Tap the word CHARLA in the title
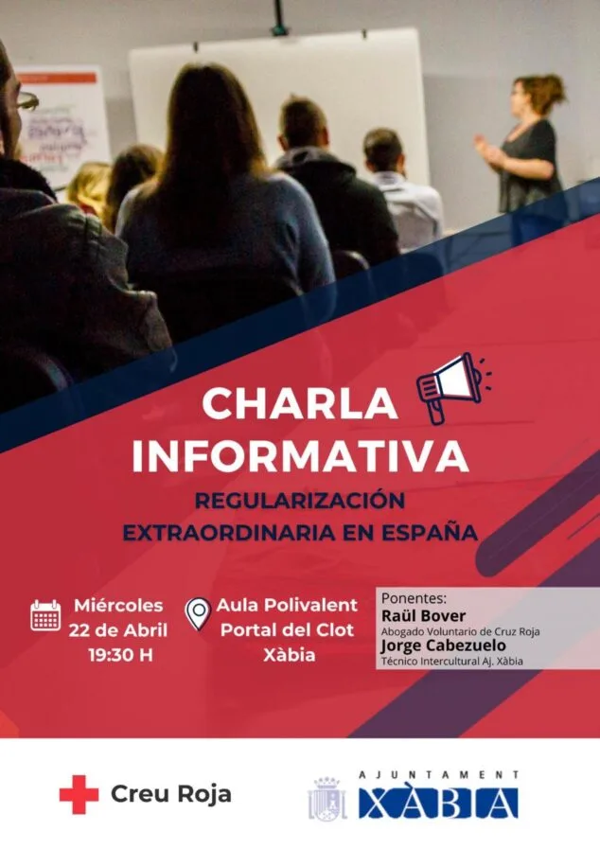click(299, 404)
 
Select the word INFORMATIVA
click(300, 456)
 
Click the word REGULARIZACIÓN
click(299, 499)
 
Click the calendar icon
click(45, 616)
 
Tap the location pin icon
click(197, 614)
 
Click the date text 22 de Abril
click(118, 630)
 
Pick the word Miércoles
click(118, 606)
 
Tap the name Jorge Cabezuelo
click(442, 646)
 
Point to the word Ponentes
click(413, 598)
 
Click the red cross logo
click(79, 794)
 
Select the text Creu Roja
click(171, 794)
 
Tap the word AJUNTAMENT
click(438, 774)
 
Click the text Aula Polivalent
click(287, 605)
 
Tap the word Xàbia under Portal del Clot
click(287, 655)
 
